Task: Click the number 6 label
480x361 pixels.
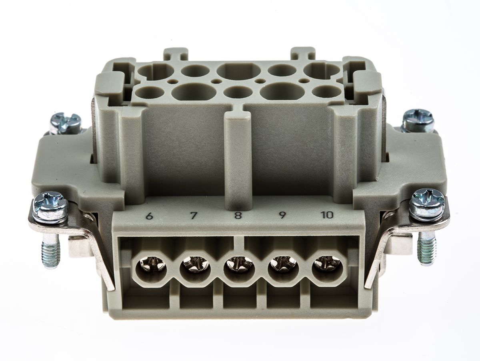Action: (149, 216)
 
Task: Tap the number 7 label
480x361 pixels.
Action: (194, 216)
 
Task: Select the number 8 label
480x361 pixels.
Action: (238, 216)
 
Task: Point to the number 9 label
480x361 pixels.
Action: (282, 215)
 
